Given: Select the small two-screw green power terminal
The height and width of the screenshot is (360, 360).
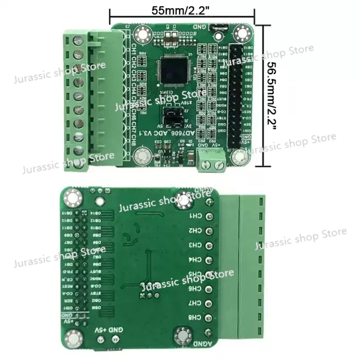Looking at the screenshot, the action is (211, 161).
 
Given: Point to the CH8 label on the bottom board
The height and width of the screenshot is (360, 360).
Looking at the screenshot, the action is (194, 318).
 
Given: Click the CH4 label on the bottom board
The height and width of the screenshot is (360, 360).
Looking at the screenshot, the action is (194, 260).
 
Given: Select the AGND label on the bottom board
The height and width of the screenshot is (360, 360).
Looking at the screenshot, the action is (201, 343).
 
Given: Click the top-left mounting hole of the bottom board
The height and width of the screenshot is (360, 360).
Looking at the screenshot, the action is (72, 196).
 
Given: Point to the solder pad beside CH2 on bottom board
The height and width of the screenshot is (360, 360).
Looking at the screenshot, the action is (209, 231).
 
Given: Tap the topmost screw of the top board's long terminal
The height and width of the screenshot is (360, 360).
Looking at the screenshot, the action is (77, 40).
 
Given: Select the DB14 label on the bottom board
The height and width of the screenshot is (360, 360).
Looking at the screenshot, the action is (95, 214).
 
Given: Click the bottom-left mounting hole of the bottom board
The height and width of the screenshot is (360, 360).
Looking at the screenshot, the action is (72, 338).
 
